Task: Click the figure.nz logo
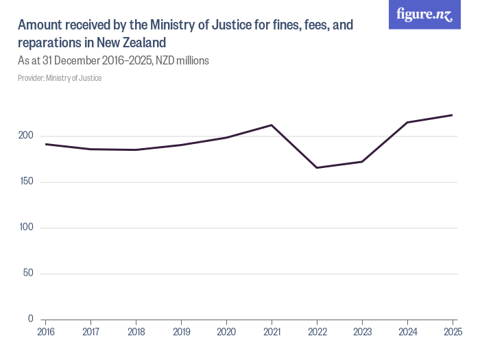click(424, 14)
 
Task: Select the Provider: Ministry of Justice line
click(60, 78)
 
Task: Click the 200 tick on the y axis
click(25, 136)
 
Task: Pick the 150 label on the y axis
click(25, 182)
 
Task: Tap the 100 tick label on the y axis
click(25, 228)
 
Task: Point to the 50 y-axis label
click(27, 274)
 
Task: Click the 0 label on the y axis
click(30, 319)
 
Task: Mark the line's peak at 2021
click(272, 125)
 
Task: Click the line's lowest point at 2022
click(317, 168)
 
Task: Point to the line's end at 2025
click(453, 115)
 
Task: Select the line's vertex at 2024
click(407, 122)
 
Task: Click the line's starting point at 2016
click(45, 144)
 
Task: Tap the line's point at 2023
click(362, 162)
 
